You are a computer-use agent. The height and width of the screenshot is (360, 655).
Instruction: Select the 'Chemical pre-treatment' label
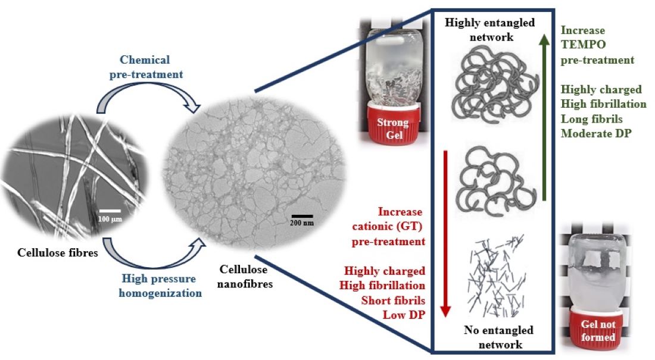145,66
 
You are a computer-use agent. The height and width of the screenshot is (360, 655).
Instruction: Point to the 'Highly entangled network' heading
490,29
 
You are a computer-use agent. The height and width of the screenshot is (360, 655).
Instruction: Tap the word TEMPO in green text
580,45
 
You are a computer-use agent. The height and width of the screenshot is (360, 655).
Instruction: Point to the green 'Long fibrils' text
591,118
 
